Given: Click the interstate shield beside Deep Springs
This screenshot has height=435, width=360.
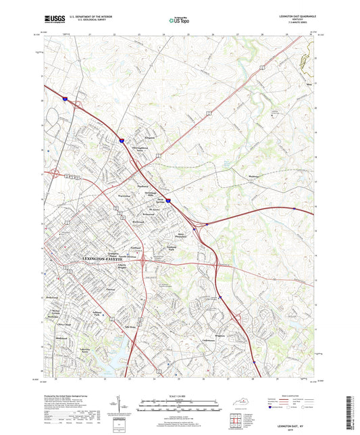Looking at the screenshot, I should (169, 200).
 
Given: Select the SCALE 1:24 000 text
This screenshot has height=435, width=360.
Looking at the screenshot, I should (180, 396).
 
